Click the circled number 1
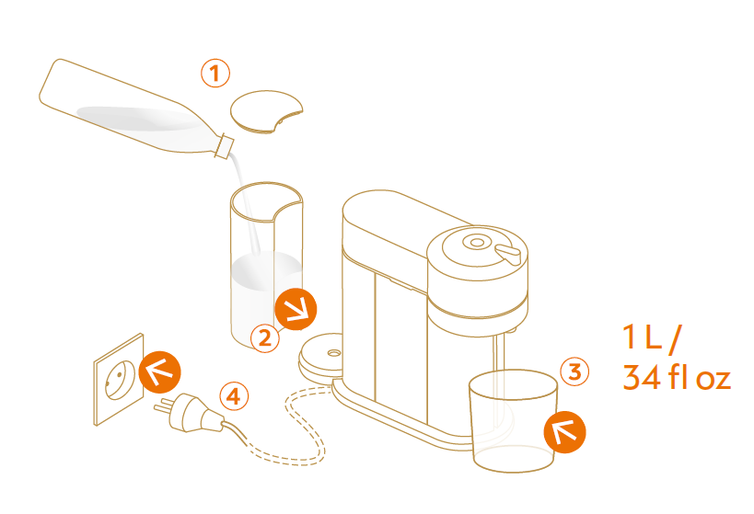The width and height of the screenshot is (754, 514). (215, 74)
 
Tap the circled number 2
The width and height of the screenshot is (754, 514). (265, 338)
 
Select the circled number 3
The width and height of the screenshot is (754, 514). (574, 371)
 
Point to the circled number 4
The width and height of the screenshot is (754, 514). (234, 397)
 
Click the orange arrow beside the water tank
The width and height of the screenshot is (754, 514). (296, 309)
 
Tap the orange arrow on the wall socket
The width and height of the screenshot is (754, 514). (159, 372)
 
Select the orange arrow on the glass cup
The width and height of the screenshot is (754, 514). (564, 432)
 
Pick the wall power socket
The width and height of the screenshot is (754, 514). (119, 380)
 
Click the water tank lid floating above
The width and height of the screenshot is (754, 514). (266, 111)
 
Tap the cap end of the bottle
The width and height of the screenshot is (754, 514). (225, 145)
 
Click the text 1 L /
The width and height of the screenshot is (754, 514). (652, 337)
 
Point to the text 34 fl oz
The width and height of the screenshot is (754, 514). (677, 377)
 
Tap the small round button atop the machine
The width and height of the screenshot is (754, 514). (477, 242)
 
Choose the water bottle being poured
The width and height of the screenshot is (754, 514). (136, 109)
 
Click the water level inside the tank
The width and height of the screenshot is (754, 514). (266, 271)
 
